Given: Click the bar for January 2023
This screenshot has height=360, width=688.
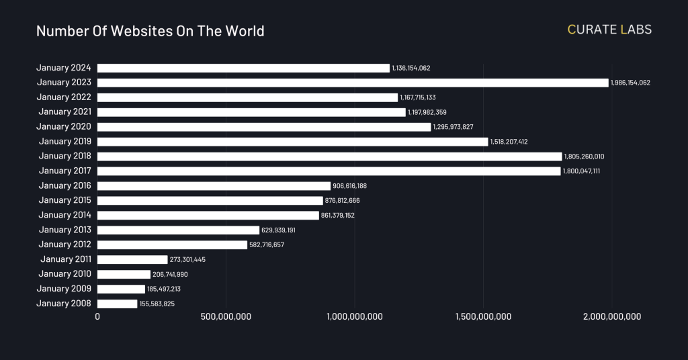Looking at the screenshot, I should click(353, 83).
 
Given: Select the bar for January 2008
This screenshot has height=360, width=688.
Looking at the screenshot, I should click(118, 304).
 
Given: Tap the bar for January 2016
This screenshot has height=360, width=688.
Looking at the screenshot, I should click(214, 186).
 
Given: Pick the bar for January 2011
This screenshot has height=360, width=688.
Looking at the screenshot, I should click(132, 259).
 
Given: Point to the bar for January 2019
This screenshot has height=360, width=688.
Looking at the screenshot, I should click(292, 142).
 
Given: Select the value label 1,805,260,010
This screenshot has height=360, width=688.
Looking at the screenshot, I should click(584, 156).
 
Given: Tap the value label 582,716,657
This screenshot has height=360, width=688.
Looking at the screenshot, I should click(267, 245).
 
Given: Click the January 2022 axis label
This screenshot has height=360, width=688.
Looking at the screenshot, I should click(64, 97).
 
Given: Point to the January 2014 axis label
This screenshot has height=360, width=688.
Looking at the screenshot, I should click(65, 216).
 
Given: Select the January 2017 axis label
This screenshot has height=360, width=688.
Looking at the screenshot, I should click(65, 171).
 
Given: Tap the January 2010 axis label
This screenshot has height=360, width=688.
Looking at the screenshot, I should click(65, 274).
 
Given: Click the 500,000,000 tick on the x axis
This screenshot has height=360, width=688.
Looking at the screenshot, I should click(226, 317).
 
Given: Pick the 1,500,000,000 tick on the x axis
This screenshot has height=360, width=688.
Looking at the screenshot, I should click(483, 317).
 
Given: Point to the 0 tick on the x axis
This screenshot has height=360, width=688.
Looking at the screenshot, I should click(97, 317).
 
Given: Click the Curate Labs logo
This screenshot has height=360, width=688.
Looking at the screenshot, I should click(609, 30).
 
